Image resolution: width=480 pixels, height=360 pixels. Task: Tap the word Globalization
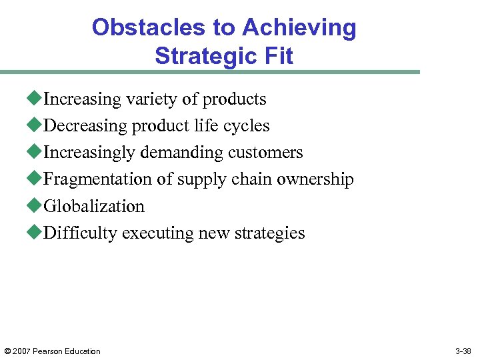click(x=94, y=206)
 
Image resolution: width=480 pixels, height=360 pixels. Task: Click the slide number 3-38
click(x=463, y=351)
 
